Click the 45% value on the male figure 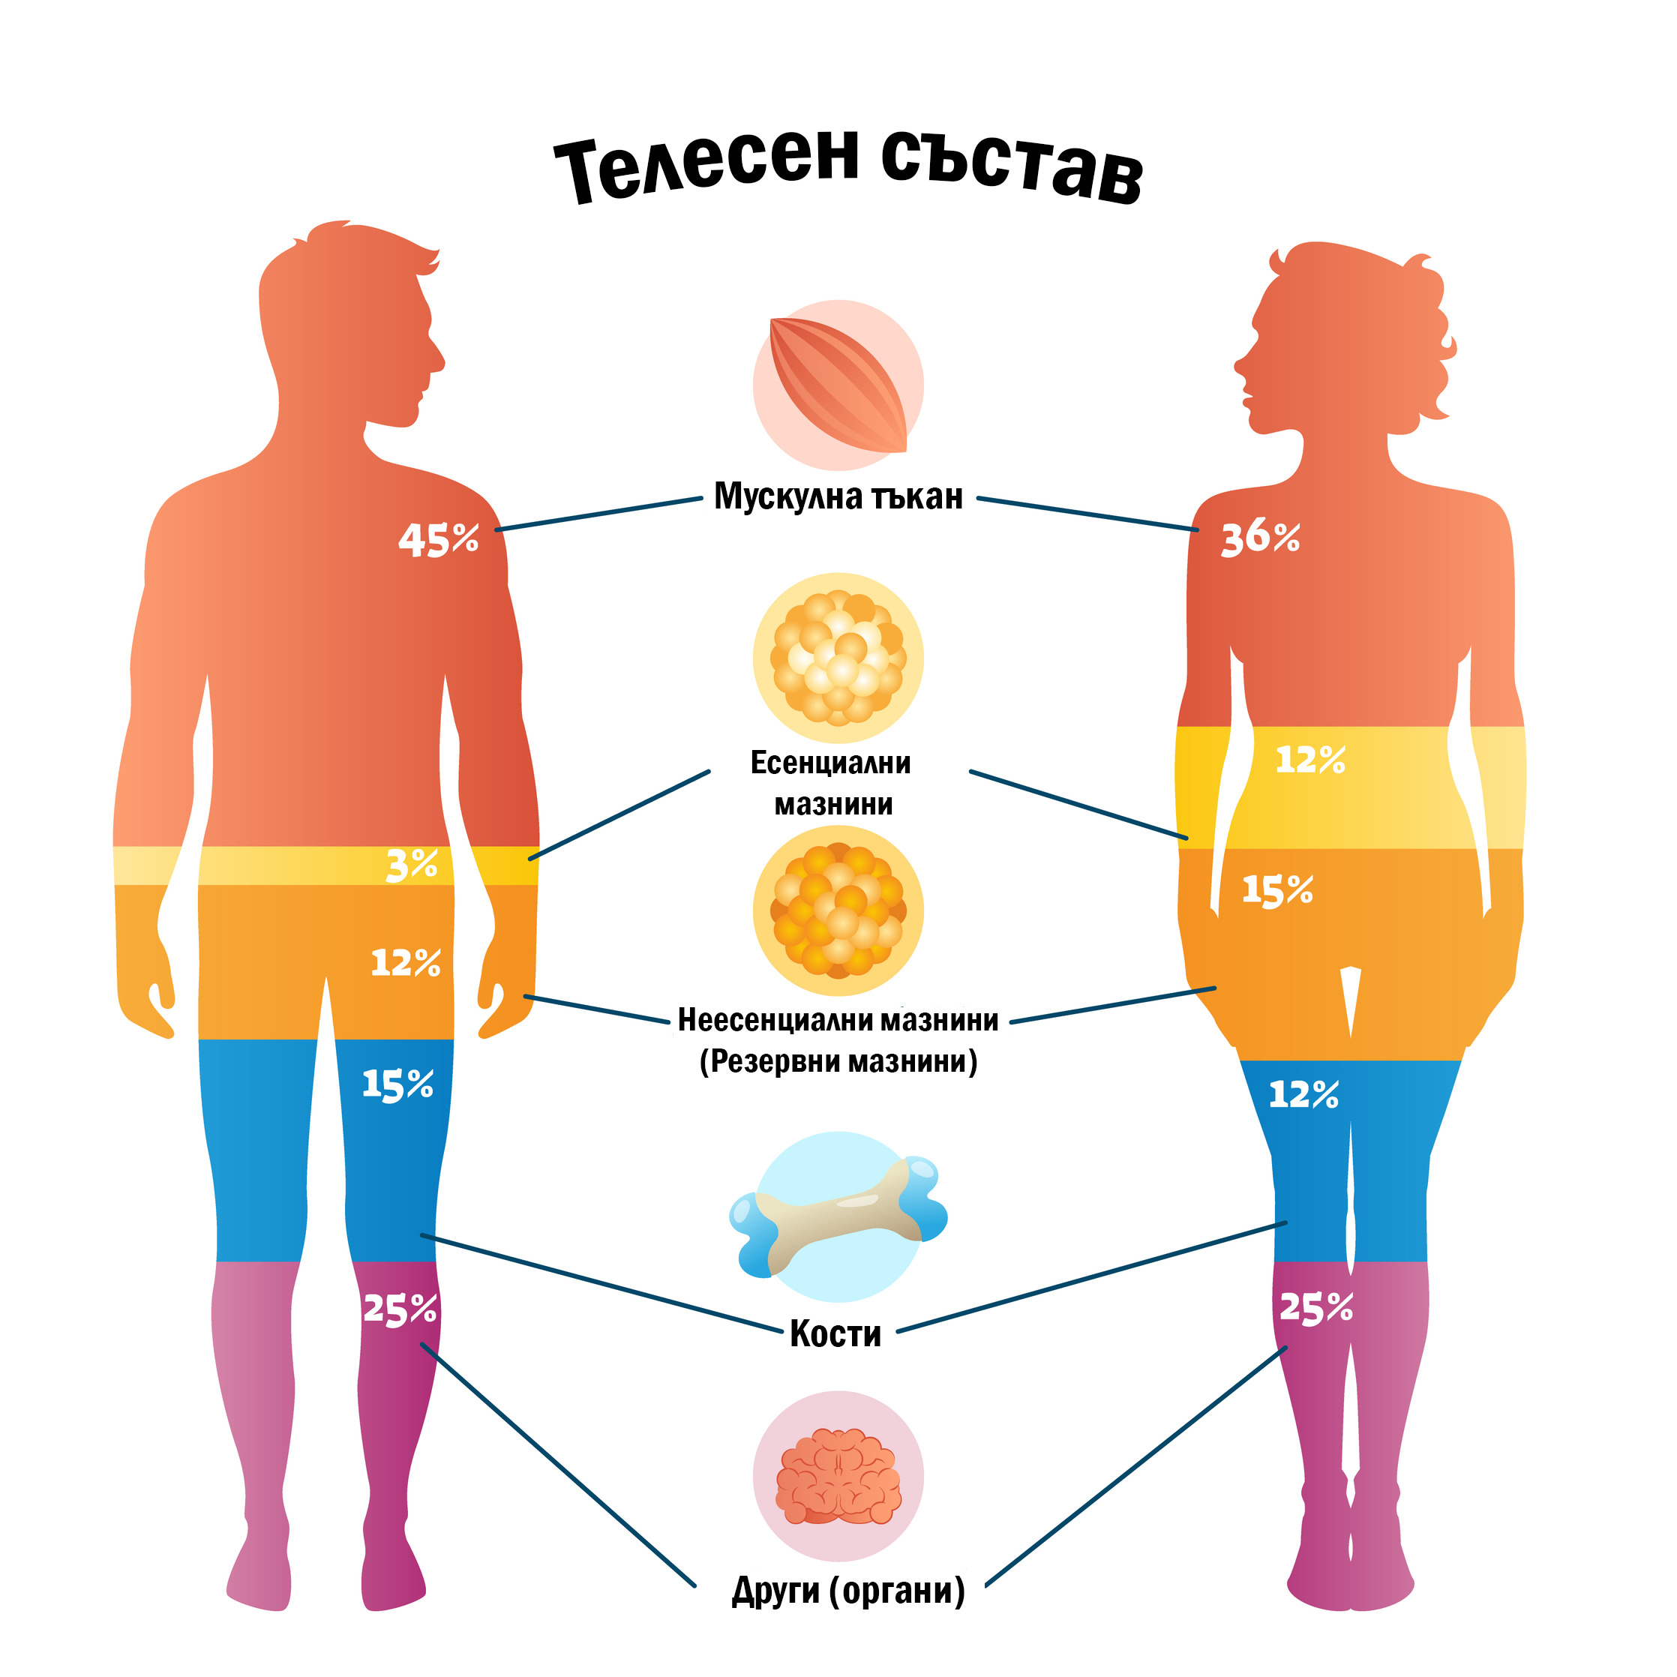click(x=438, y=539)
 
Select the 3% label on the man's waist click(x=412, y=865)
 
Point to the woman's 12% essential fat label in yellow click(x=1309, y=760)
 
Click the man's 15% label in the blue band click(x=397, y=1084)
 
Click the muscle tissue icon click(x=838, y=385)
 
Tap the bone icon click(x=838, y=1217)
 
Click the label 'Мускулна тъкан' click(x=838, y=496)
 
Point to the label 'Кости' click(x=835, y=1333)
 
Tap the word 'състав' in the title click(x=1011, y=165)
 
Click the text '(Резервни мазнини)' click(x=838, y=1061)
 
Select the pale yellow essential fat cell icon click(x=838, y=657)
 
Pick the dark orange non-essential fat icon click(x=838, y=910)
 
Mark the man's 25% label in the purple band click(x=399, y=1308)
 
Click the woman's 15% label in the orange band click(x=1276, y=889)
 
